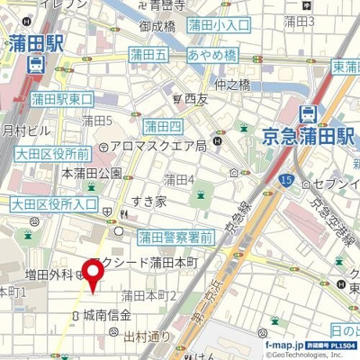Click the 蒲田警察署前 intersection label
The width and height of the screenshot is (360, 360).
point(175,238)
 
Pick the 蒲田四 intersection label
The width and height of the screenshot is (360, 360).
point(163,125)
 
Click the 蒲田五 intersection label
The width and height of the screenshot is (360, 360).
point(148,56)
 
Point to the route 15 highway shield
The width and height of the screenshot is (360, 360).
point(285,182)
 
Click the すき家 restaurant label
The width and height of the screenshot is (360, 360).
point(148,202)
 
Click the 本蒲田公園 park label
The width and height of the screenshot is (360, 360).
point(91,172)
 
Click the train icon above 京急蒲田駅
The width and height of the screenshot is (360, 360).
point(308,113)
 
